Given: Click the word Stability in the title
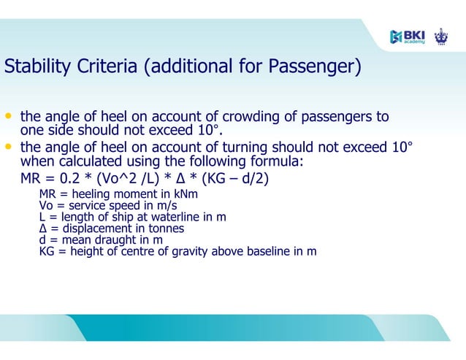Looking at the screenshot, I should [x=33, y=68].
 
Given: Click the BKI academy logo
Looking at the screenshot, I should [x=408, y=36].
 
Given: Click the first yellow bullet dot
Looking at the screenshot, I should [x=9, y=117].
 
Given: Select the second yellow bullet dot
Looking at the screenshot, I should [x=9, y=147].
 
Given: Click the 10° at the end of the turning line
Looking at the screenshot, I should [x=401, y=147].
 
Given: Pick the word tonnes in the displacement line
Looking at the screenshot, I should [x=167, y=228].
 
